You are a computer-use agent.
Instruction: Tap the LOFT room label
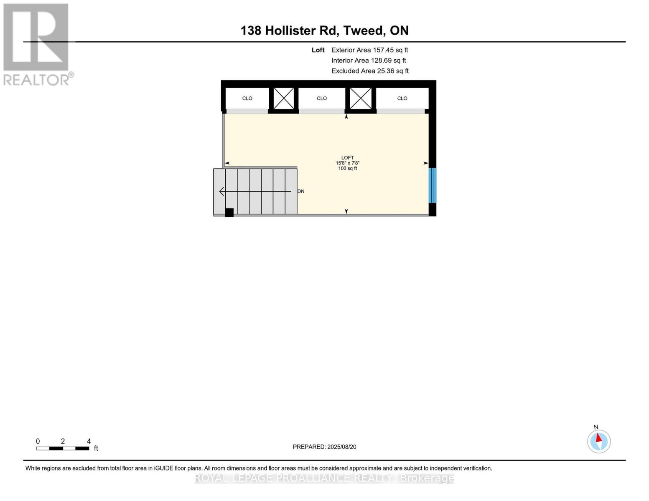tap(347, 158)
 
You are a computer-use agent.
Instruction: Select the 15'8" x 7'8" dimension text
tap(347, 163)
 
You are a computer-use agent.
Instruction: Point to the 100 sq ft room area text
tap(347, 169)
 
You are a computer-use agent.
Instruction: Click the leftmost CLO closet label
tap(247, 99)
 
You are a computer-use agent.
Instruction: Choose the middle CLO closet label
tap(322, 99)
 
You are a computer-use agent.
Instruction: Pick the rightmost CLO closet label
tap(402, 99)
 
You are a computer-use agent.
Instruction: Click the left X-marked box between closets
tap(284, 99)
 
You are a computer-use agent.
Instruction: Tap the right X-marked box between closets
tap(360, 99)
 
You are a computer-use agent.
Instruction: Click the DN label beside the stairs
tap(301, 191)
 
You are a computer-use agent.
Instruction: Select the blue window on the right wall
tap(433, 185)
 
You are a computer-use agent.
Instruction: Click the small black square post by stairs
tap(229, 213)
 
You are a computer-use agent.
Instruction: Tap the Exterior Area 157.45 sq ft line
tap(369, 50)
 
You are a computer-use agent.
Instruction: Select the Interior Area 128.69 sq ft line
tap(369, 61)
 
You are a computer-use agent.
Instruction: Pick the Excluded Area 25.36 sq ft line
tap(370, 71)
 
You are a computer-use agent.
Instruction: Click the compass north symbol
tap(599, 441)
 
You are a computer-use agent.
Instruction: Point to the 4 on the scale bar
tap(89, 441)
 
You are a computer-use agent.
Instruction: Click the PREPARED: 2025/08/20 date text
tap(324, 447)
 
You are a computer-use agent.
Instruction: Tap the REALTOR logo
tap(37, 44)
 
